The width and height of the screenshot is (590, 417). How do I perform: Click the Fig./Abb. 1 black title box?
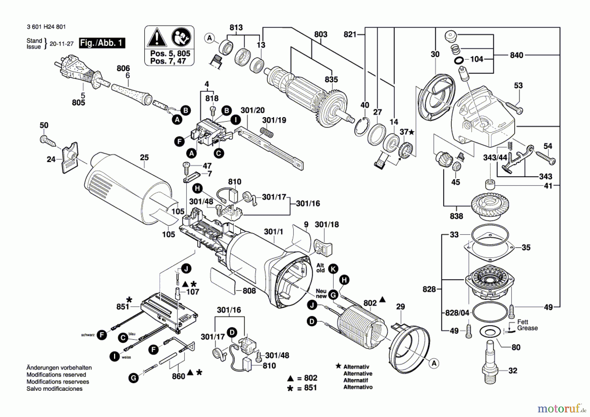pyautogui.click(x=102, y=43)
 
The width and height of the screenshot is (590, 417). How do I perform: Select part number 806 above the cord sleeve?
pyautogui.click(x=123, y=68)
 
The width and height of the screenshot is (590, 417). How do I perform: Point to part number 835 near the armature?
pyautogui.click(x=331, y=79)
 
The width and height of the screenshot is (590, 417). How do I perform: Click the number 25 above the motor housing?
pyautogui.click(x=144, y=157)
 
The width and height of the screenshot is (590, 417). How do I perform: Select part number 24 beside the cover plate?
pyautogui.click(x=51, y=159)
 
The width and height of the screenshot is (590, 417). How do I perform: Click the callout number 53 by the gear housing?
pyautogui.click(x=518, y=86)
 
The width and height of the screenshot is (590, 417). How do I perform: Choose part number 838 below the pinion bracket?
pyautogui.click(x=457, y=216)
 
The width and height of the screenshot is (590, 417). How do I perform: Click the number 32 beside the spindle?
pyautogui.click(x=513, y=371)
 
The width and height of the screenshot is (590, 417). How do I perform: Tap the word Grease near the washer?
pyautogui.click(x=527, y=328)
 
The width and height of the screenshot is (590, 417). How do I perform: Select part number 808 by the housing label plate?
pyautogui.click(x=249, y=291)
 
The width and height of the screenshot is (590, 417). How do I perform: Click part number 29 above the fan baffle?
pyautogui.click(x=401, y=307)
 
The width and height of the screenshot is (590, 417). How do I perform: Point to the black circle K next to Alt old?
pyautogui.click(x=333, y=269)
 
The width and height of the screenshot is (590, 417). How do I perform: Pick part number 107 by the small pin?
pyautogui.click(x=193, y=292)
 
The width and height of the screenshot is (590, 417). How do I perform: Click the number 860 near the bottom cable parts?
pyautogui.click(x=179, y=376)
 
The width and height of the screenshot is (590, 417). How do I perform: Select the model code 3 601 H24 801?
pyautogui.click(x=46, y=27)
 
